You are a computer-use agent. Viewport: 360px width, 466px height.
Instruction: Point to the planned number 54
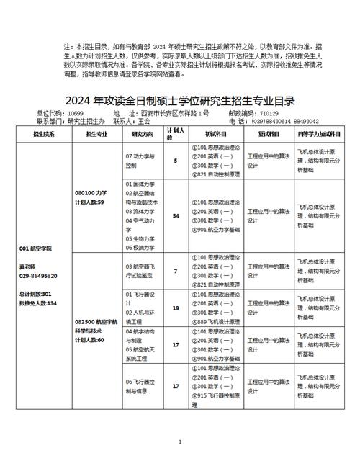176,215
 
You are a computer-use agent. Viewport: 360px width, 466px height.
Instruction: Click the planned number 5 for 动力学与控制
176,160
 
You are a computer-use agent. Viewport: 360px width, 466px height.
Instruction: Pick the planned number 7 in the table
176,271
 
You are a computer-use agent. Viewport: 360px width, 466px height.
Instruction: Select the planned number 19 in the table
176,308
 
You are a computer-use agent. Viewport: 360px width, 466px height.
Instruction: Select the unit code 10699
76,114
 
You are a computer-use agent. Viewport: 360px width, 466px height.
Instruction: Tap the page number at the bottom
180,441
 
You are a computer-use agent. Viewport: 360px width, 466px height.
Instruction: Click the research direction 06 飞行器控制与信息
141,386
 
